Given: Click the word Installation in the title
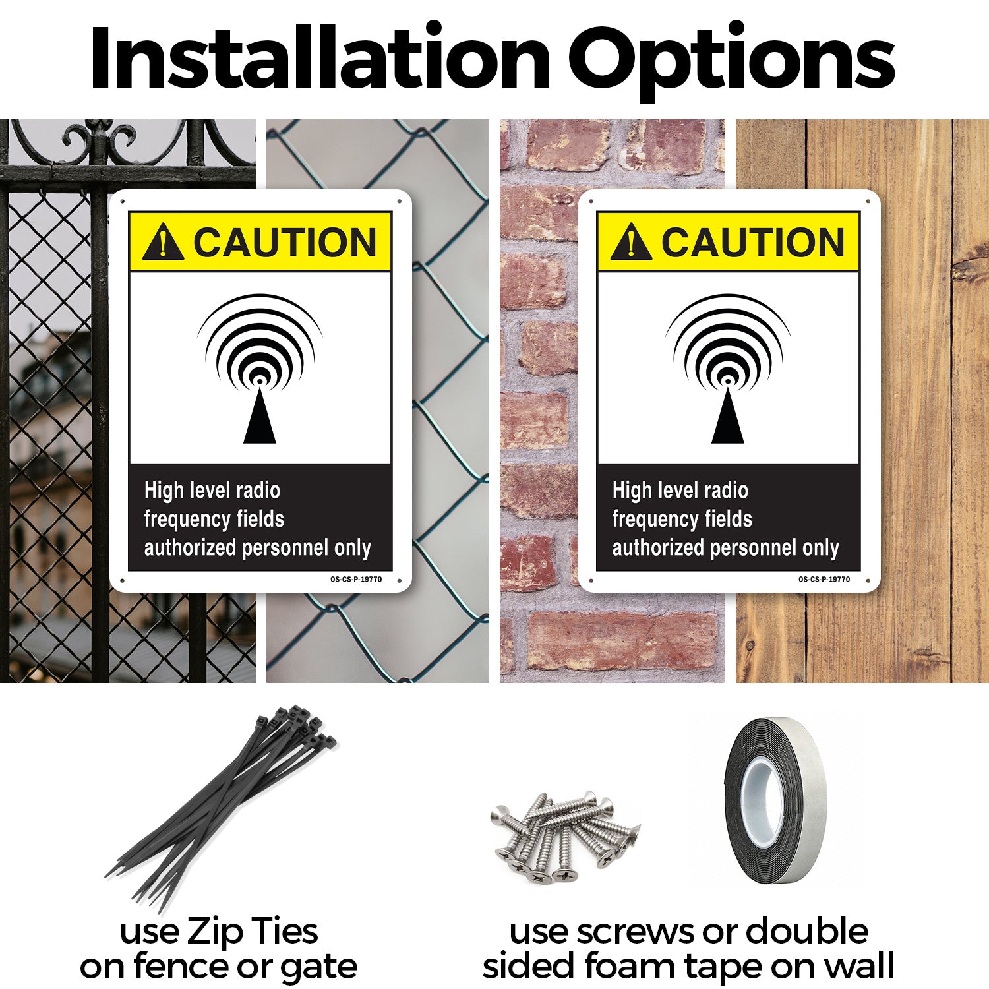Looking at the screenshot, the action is (320, 58).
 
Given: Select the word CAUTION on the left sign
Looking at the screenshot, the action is (285, 242).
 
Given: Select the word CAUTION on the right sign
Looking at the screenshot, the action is (753, 242).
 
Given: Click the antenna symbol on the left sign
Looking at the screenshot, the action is (260, 369).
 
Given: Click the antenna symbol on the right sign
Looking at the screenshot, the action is (728, 369).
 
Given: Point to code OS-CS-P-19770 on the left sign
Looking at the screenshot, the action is (356, 580).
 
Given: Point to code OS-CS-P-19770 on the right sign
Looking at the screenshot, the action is (824, 580).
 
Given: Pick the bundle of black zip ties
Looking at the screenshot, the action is (221, 808).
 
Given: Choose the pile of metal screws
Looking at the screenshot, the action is (565, 837).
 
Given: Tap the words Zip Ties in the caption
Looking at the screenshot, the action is (253, 932).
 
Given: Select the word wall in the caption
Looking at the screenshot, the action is (858, 965).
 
